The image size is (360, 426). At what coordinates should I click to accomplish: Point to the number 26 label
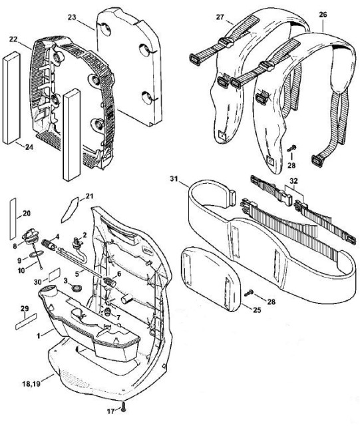click(323, 14)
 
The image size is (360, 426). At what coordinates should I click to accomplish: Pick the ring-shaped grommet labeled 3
click(75, 288)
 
